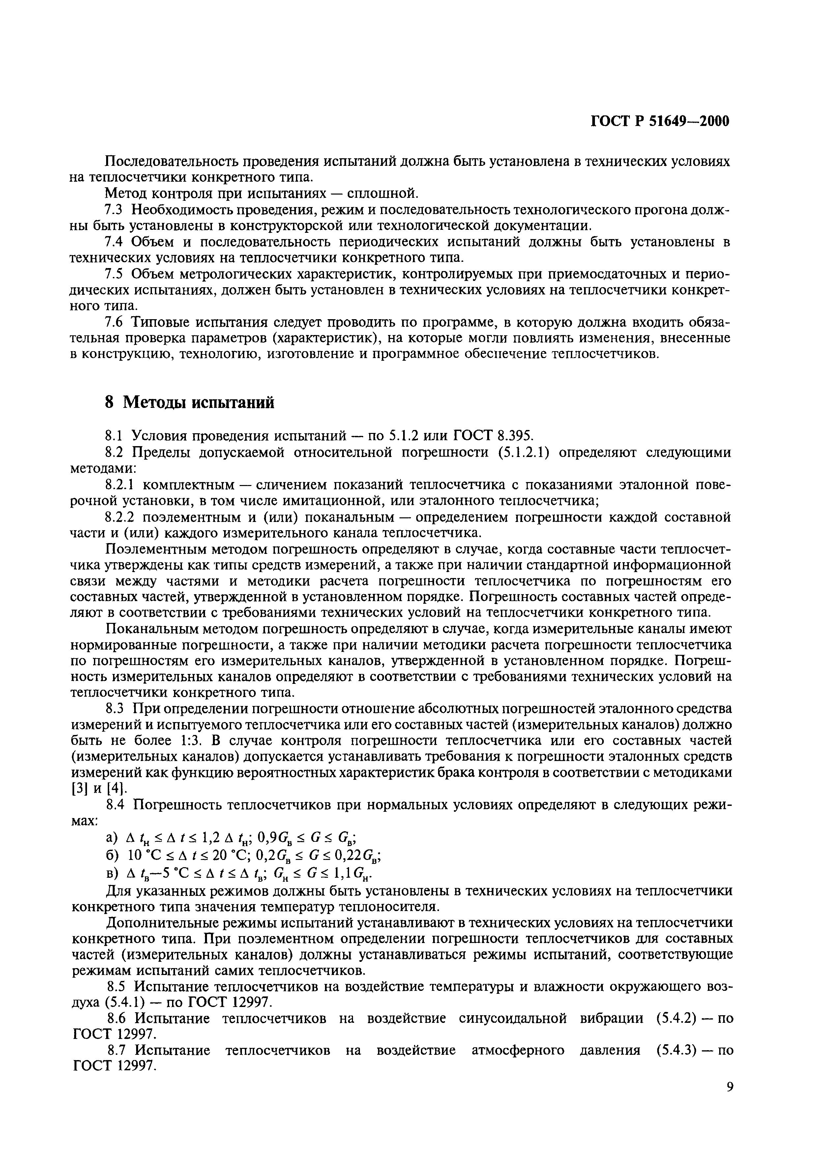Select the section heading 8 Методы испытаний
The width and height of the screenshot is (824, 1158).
[189, 402]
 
